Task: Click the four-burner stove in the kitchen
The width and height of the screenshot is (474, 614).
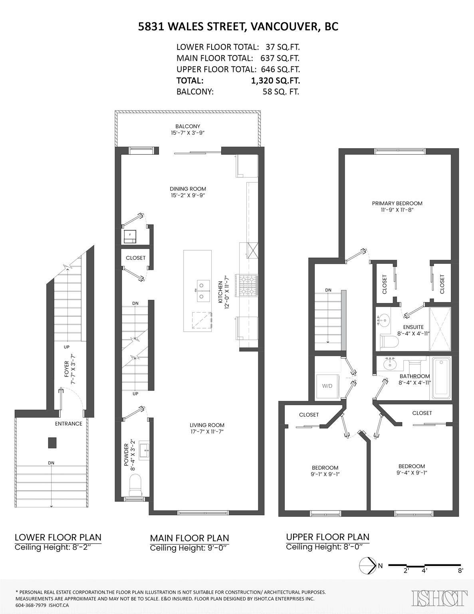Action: coord(248,285)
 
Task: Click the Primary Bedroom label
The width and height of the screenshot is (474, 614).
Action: coord(397,203)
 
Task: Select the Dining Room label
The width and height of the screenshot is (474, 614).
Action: coord(188,189)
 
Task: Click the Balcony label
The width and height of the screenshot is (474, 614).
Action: coord(187,126)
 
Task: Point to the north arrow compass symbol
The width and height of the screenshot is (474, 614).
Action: coord(368,566)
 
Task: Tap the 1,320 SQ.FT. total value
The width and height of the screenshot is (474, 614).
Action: coord(276,80)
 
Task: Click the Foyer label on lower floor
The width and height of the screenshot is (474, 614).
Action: coord(67,369)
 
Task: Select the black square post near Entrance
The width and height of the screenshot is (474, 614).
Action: coord(52,443)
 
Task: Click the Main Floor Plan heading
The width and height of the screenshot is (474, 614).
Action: coord(189,538)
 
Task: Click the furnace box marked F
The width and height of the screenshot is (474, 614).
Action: coord(130,237)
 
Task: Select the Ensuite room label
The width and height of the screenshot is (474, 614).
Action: coord(413,327)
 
